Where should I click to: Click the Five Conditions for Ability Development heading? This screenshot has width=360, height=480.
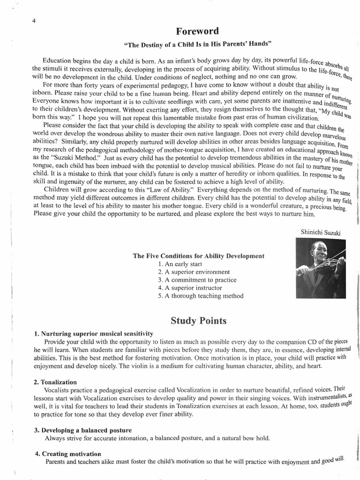198,256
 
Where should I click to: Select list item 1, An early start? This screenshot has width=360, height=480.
180,264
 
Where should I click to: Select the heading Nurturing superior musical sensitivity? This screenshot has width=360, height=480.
93,333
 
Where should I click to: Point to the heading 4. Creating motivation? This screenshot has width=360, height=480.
67,454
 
